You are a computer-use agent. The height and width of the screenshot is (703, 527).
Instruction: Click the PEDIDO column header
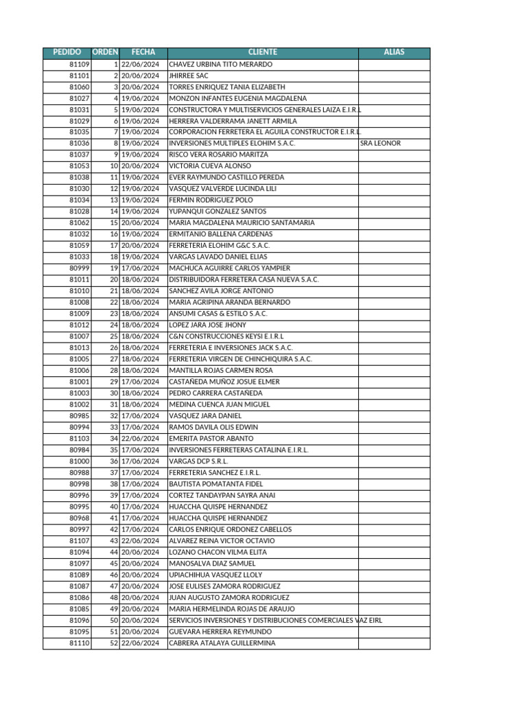tap(67, 52)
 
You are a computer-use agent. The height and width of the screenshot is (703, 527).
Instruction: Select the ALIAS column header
tap(394, 52)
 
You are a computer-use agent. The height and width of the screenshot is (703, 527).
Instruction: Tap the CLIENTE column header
tap(263, 52)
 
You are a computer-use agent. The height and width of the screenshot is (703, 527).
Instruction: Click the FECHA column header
tap(143, 52)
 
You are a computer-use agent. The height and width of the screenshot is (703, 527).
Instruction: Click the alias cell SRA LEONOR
tap(380, 143)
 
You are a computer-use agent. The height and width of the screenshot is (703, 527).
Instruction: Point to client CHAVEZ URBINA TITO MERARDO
tap(220, 64)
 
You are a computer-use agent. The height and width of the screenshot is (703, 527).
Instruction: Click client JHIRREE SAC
tap(189, 76)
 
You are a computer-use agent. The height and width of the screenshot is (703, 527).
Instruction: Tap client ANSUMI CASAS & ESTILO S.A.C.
tap(218, 313)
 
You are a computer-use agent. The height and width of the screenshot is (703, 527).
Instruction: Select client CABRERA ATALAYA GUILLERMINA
tap(222, 643)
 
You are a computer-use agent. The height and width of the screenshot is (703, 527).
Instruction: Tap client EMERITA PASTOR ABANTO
tap(211, 438)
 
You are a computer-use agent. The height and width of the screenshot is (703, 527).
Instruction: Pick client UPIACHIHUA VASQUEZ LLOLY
tap(216, 575)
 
